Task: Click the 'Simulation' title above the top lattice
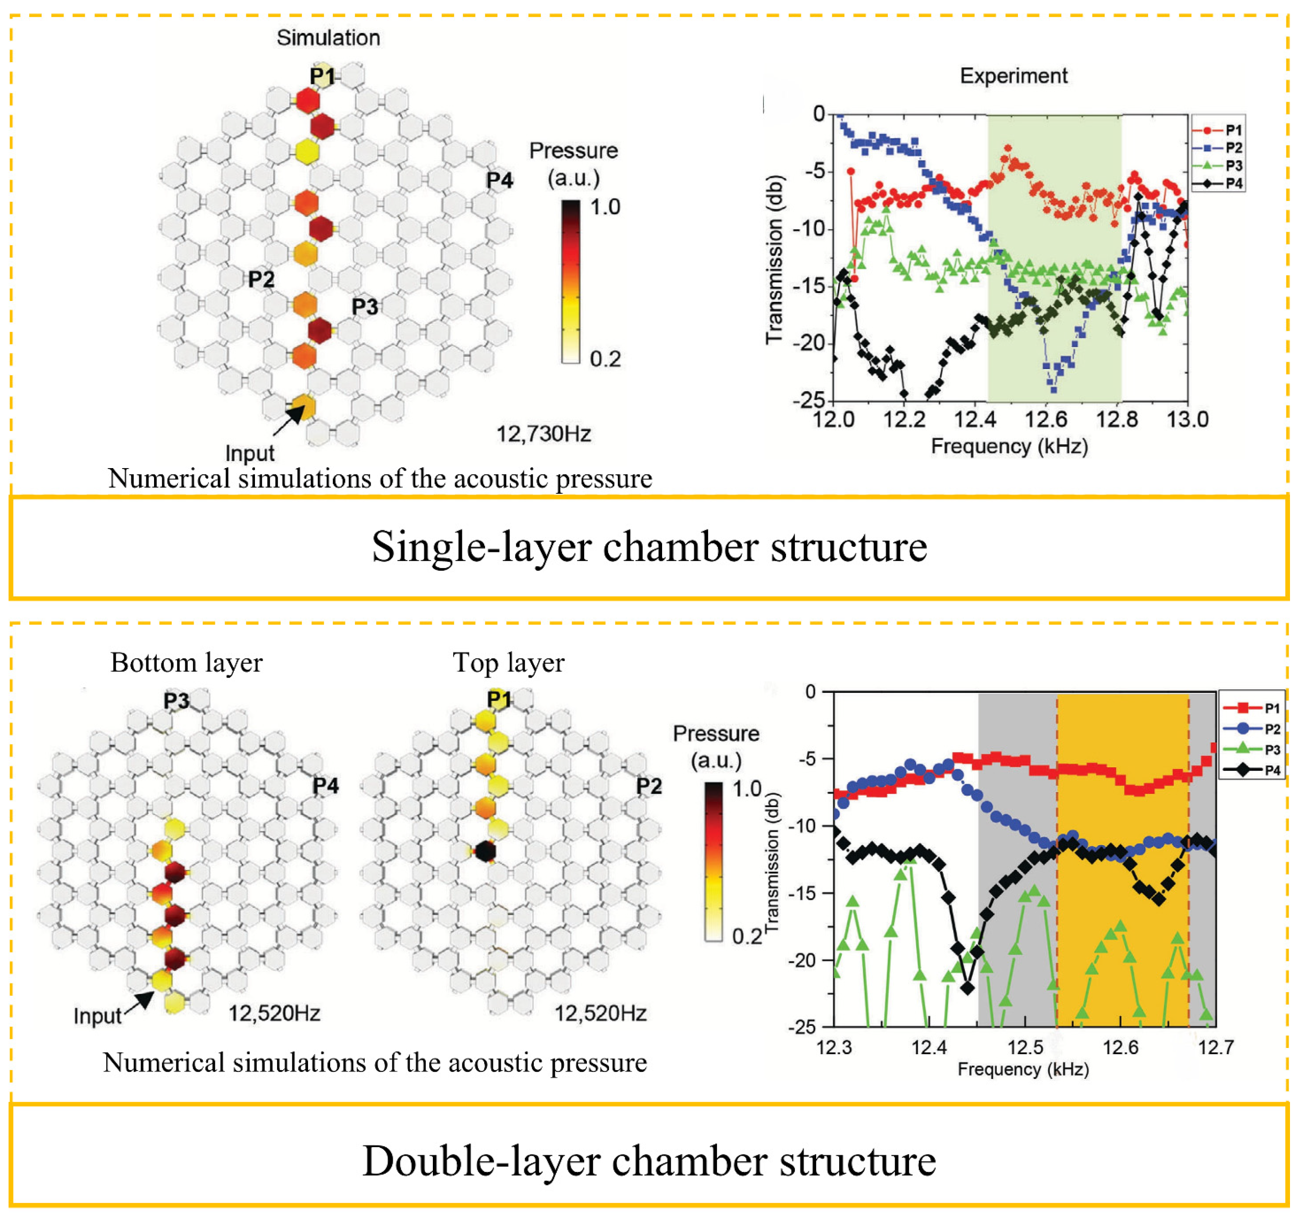(x=328, y=38)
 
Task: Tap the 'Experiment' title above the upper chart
(x=1013, y=76)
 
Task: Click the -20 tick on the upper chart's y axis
(x=809, y=342)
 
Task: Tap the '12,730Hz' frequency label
(x=544, y=433)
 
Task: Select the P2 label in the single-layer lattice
(x=261, y=279)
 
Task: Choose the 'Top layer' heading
(x=509, y=662)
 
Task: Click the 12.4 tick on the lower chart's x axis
(x=929, y=1048)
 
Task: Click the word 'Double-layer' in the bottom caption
(x=481, y=1161)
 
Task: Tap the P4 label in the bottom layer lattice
(x=325, y=785)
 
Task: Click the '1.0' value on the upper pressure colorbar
(x=605, y=207)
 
